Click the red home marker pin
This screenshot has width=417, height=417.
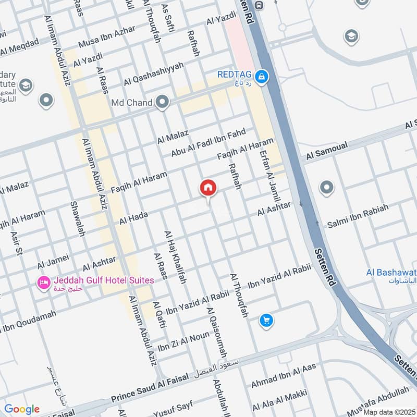(x=207, y=188)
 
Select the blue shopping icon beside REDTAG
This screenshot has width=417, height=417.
(x=262, y=78)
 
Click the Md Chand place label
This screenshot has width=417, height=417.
(x=131, y=102)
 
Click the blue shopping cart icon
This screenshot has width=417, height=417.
(x=266, y=321)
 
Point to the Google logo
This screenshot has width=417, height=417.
(x=22, y=409)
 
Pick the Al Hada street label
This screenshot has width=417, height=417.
(x=134, y=218)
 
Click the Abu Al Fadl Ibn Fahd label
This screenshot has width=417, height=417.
(x=208, y=142)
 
